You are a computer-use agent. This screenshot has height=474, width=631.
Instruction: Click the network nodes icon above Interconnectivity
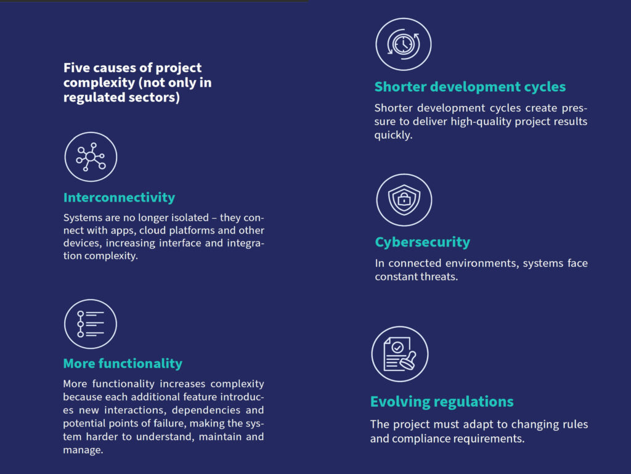pos(91,157)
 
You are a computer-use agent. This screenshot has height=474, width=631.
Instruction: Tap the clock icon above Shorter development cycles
pos(403,44)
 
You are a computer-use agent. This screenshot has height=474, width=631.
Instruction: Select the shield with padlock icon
pos(404,200)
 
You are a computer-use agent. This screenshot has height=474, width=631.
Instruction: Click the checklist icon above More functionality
pos(91,324)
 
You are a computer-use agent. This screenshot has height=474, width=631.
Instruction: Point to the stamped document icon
pos(399,354)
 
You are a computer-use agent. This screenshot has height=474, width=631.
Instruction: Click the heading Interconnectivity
pos(119,198)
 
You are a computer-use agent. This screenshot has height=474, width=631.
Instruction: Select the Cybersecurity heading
pos(423,242)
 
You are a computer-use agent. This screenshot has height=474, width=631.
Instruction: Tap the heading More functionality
pos(123,363)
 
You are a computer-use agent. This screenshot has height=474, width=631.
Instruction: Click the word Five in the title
pos(76,68)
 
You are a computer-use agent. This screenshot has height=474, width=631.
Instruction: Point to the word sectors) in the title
pos(154,97)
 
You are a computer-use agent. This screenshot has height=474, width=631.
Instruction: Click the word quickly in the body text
pos(393,135)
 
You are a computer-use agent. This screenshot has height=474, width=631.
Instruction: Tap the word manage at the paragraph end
pos(82,450)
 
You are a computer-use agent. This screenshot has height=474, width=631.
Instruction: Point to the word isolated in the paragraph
pos(190,218)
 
